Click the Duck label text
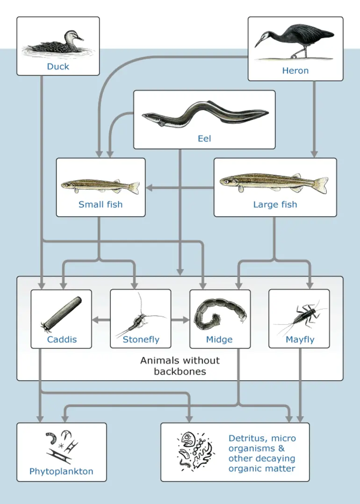click(58, 66)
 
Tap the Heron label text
click(295, 71)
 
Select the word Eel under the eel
click(204, 138)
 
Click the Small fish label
click(101, 204)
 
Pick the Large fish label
click(275, 204)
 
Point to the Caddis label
click(61, 340)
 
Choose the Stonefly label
click(141, 340)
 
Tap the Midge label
click(219, 340)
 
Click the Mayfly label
click(300, 340)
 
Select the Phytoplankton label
click(61, 471)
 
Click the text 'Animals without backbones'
click(180, 366)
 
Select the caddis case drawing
click(61, 313)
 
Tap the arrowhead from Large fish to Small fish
click(150, 188)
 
